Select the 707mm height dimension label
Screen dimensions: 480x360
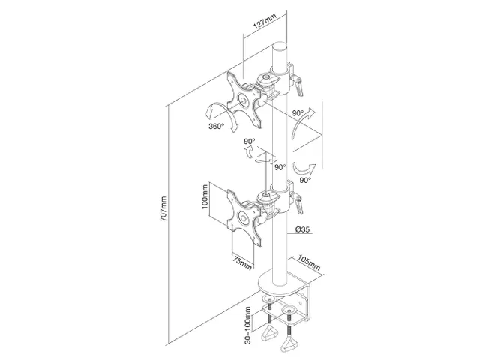[163, 208]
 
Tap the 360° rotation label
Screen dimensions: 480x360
[217, 126]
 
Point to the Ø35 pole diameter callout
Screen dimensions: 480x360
[302, 229]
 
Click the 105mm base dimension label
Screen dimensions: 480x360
[309, 262]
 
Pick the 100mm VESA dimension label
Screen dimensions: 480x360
[205, 196]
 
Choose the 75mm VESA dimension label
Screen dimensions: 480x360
[242, 263]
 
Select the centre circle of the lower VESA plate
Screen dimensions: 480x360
[244, 218]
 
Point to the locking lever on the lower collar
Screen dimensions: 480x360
[298, 203]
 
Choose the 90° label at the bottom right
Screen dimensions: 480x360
[305, 180]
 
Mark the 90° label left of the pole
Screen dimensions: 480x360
[250, 142]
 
